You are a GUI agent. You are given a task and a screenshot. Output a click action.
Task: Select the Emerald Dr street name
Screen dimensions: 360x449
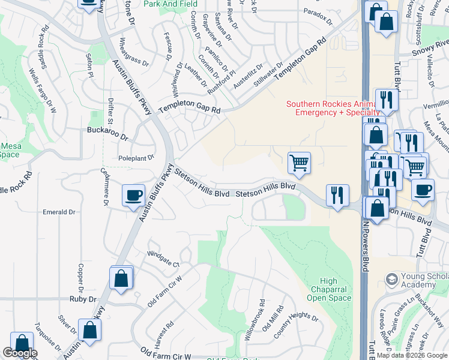tap(59, 212)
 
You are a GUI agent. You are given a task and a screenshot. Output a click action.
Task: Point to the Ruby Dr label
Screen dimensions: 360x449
tap(83, 298)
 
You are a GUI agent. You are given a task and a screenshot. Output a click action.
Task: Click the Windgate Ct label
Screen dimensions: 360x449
tap(163, 262)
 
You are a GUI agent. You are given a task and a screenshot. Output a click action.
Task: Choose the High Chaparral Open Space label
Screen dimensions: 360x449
tap(328, 289)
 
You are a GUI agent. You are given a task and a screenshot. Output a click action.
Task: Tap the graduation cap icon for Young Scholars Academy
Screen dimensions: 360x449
tap(392, 280)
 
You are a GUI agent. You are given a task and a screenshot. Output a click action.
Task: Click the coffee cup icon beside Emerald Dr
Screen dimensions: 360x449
tap(133, 196)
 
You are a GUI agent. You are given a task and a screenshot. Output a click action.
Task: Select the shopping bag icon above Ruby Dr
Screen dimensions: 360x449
tap(121, 278)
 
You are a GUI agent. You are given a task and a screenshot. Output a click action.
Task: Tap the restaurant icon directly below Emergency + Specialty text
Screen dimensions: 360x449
tap(385, 99)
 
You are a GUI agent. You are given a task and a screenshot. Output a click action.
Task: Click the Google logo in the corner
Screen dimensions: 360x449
tap(20, 353)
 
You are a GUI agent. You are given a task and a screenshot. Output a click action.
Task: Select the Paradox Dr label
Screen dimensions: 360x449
tap(318, 16)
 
